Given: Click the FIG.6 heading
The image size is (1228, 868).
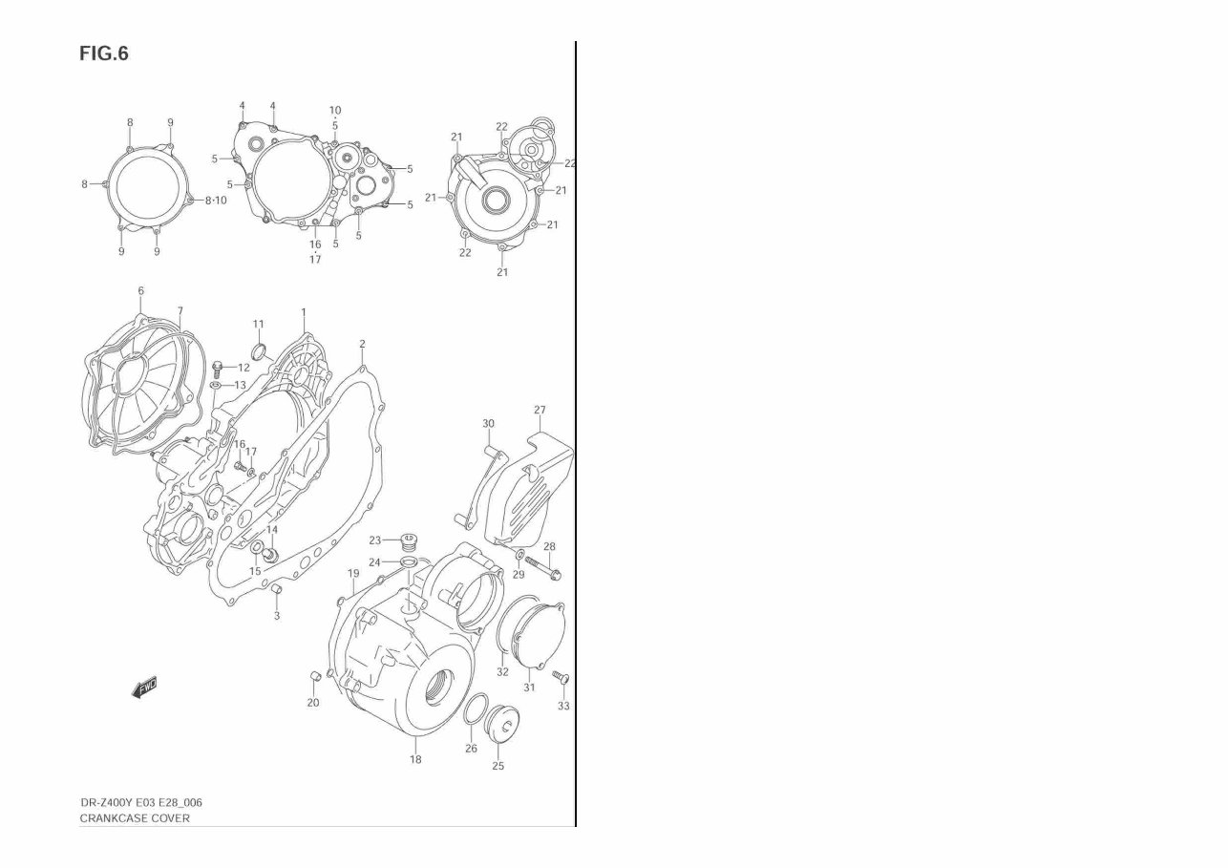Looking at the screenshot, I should click(103, 53).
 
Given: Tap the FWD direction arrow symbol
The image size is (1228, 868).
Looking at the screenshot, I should click(145, 688).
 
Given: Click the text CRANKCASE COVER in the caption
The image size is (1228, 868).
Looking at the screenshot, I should click(135, 818).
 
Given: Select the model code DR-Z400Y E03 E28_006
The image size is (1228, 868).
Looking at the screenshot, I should click(140, 802).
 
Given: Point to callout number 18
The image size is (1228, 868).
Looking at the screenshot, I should click(415, 760).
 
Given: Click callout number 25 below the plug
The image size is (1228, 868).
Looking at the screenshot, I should click(498, 766).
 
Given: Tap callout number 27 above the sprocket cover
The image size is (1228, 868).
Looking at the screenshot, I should click(540, 410).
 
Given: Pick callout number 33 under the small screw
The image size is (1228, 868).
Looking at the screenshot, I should click(563, 707).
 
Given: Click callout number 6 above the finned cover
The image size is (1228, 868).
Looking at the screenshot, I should click(140, 290).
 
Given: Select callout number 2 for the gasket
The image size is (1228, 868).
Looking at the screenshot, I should click(362, 344).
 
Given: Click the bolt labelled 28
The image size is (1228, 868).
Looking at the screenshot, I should click(546, 571).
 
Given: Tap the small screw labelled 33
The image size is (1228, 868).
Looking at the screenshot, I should click(562, 678).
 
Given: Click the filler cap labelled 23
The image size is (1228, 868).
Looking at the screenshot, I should click(411, 542).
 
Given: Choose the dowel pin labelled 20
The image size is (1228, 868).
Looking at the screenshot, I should click(312, 677).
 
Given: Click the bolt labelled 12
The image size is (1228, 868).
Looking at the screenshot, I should click(218, 366).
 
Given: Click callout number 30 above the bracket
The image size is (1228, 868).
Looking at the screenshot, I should click(488, 423).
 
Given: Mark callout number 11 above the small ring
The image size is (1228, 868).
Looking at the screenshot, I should click(258, 325).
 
